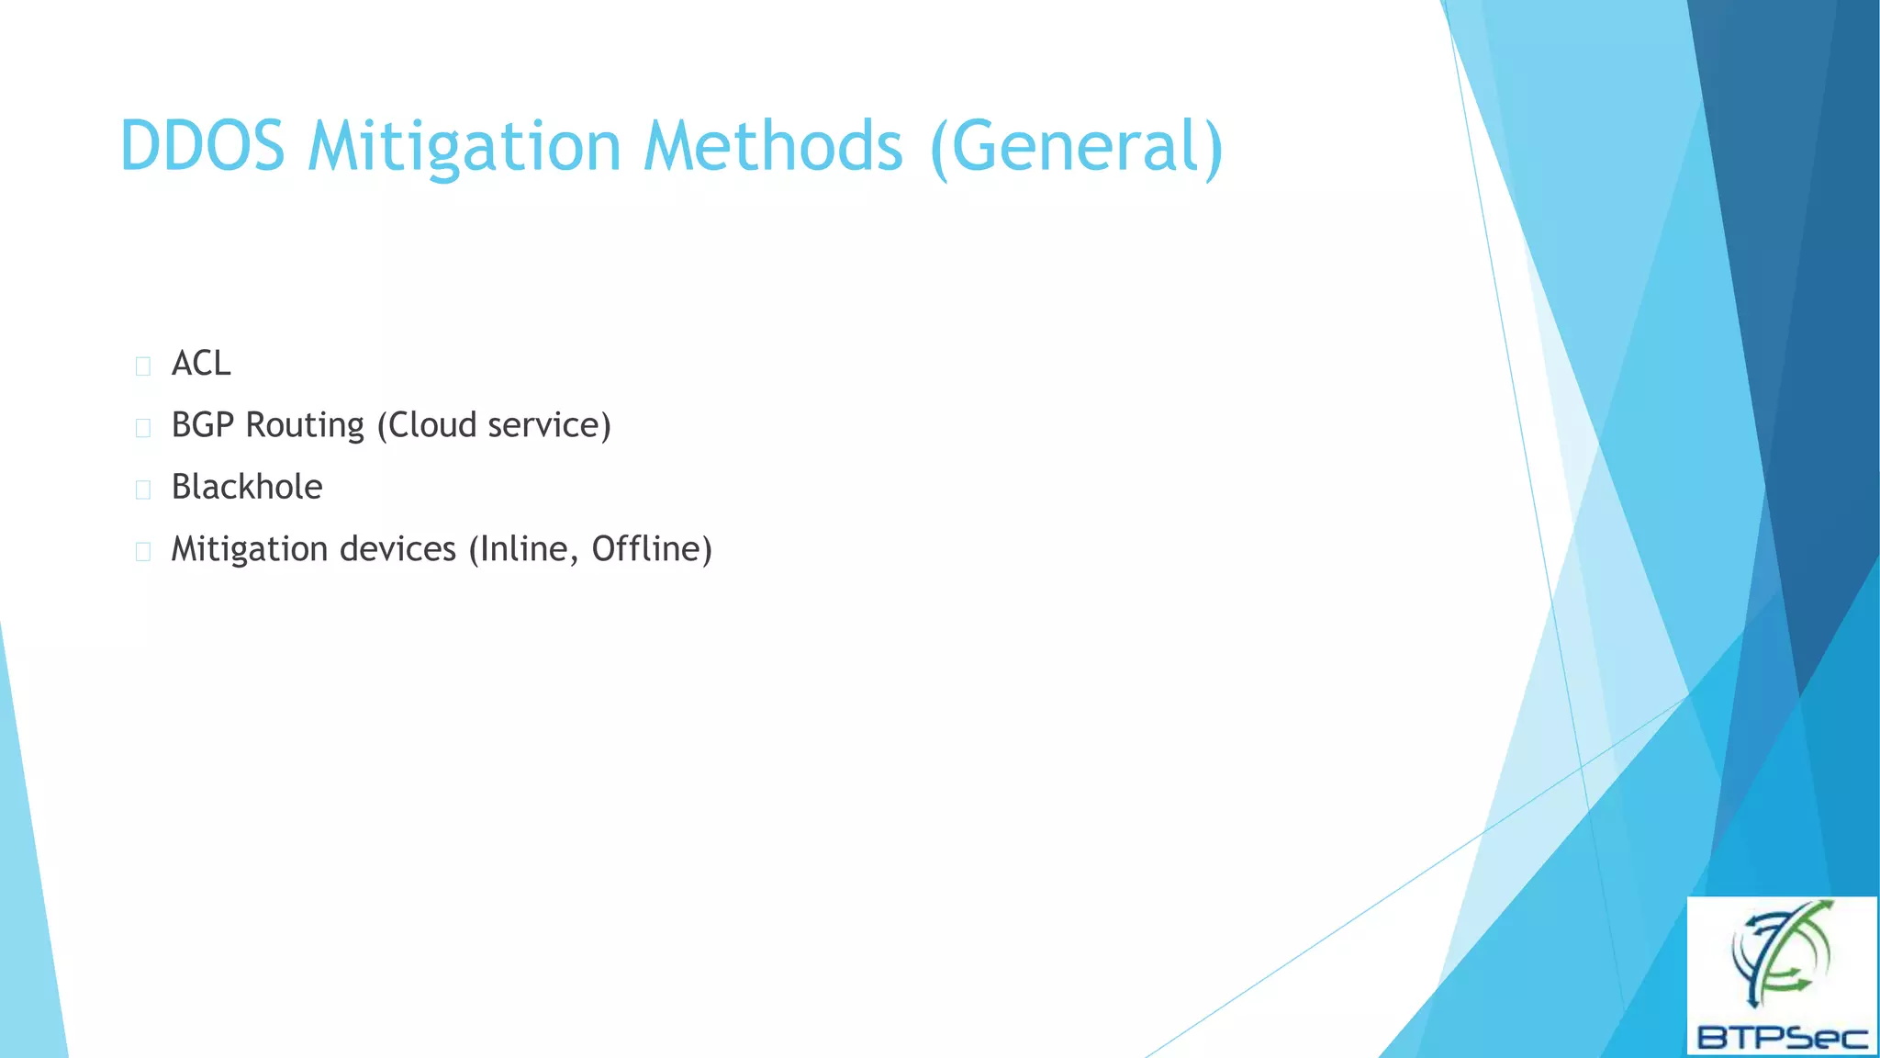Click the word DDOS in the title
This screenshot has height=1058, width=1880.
(203, 147)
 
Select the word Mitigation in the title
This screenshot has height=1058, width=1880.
(464, 147)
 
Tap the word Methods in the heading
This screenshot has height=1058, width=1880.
(773, 147)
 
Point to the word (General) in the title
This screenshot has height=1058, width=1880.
(1077, 147)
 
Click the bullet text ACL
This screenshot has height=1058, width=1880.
(201, 364)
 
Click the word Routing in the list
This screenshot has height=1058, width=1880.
(306, 426)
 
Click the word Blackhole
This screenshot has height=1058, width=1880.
(247, 487)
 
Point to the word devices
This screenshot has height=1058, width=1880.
(397, 549)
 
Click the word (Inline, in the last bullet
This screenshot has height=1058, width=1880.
(524, 549)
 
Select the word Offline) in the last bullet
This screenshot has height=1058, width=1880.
(652, 549)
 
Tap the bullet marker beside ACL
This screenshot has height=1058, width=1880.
(142, 366)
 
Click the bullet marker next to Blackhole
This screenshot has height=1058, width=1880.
(142, 490)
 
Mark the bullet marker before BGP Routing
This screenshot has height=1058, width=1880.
(142, 428)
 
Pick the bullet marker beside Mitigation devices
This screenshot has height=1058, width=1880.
(142, 552)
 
